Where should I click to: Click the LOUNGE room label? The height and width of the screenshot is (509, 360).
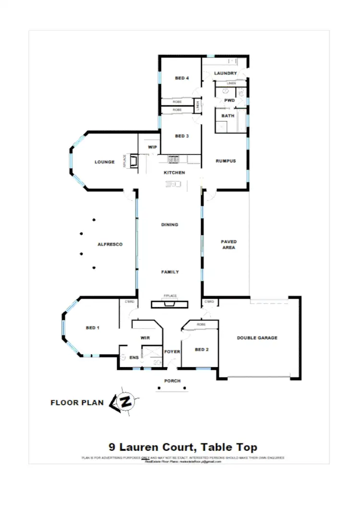(104, 162)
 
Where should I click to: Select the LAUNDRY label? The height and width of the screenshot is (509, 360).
(225, 73)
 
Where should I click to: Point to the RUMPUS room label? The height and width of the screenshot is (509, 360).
(226, 161)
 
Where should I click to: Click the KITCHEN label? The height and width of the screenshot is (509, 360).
(174, 173)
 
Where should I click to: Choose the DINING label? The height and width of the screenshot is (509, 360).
(169, 225)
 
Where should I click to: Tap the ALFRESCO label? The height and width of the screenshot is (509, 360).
(110, 245)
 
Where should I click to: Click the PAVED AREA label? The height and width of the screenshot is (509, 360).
(228, 245)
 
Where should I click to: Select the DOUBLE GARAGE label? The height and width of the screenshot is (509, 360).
(257, 338)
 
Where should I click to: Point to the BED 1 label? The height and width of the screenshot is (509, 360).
(92, 328)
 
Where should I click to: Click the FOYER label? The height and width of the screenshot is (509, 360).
(172, 352)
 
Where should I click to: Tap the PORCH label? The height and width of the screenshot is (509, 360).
(172, 381)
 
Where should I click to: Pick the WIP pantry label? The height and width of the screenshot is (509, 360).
(152, 148)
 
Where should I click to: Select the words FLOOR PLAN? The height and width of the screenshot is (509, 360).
(77, 403)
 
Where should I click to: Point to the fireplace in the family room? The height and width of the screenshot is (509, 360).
(170, 303)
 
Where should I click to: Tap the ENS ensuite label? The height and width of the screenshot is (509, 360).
(134, 357)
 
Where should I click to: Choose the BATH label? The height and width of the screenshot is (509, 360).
(228, 116)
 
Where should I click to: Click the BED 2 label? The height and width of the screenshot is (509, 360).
(202, 349)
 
